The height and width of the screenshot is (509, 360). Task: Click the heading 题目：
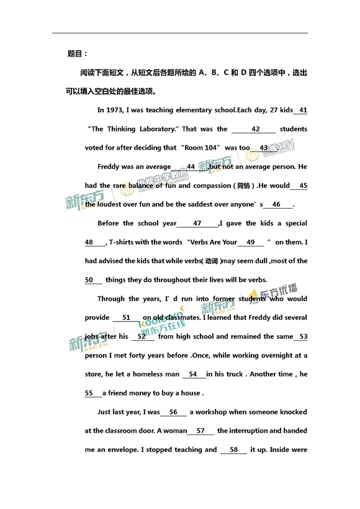78,53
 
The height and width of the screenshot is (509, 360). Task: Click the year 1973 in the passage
115,110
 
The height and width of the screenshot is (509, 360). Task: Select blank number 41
303,110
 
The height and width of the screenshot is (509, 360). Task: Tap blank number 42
255,129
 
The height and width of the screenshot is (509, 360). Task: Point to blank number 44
190,167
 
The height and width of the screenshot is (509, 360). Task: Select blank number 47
197,223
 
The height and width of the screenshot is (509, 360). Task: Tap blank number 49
250,242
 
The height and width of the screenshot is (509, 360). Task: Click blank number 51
126,318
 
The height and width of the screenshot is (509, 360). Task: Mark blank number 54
193,374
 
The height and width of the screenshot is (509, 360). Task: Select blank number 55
89,393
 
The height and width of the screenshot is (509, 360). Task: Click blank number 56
173,412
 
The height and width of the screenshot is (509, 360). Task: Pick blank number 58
233,449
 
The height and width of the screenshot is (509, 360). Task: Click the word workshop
210,412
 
